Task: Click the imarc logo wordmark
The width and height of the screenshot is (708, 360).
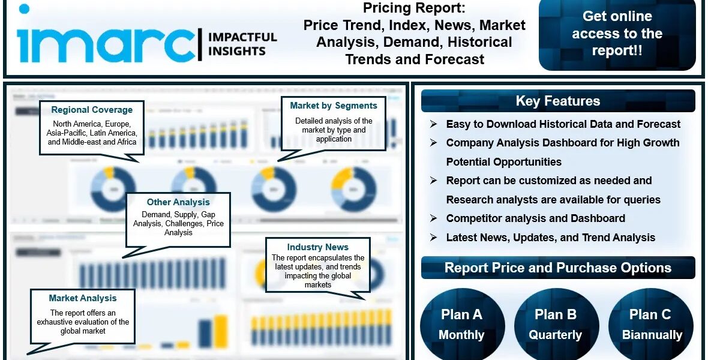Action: click(x=102, y=44)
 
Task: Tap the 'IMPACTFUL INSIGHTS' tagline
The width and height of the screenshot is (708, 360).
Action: click(x=242, y=44)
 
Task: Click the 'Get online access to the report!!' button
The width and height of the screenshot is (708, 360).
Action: click(x=617, y=34)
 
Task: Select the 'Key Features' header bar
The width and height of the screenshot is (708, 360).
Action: click(x=557, y=101)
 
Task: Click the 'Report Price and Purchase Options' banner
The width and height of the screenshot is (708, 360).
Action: click(x=557, y=268)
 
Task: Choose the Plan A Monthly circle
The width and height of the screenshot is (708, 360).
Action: click(x=461, y=325)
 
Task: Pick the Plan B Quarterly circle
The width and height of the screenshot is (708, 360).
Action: click(x=556, y=325)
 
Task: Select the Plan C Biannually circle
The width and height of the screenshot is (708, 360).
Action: click(x=652, y=325)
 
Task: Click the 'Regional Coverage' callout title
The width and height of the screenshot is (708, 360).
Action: click(x=92, y=110)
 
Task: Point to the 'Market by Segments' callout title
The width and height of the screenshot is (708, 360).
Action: click(x=334, y=106)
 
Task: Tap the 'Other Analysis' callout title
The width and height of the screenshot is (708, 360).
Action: click(x=178, y=202)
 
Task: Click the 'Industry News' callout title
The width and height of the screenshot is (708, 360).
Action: click(x=317, y=247)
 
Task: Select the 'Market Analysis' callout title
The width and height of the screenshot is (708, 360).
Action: click(x=83, y=298)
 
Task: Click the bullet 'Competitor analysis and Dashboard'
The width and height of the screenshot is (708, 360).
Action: click(x=535, y=218)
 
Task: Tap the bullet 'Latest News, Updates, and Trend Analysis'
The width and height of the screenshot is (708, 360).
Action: click(x=550, y=238)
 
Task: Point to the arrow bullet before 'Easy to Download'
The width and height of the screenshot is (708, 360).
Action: click(x=433, y=124)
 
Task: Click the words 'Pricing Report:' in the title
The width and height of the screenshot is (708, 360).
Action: click(x=414, y=8)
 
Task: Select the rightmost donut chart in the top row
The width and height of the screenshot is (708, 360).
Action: click(x=353, y=188)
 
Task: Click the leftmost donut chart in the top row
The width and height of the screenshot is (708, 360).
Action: click(x=113, y=188)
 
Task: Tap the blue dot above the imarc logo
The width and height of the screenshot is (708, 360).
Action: click(x=24, y=8)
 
